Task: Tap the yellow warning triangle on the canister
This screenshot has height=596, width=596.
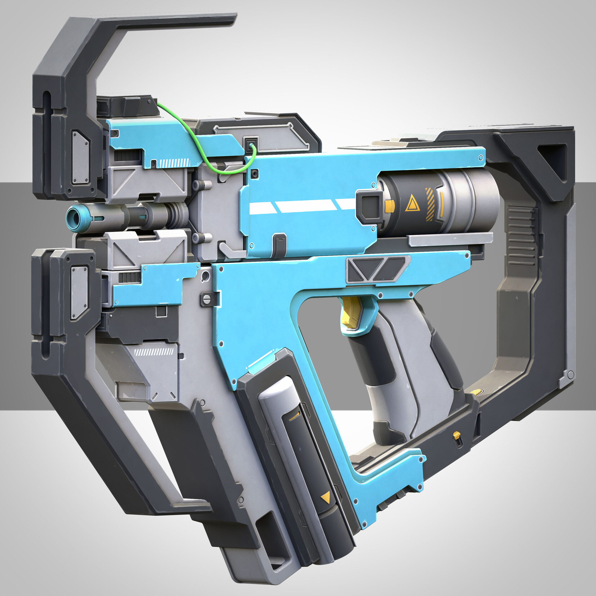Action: (412, 205)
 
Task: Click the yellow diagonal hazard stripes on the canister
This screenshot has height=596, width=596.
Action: (430, 204)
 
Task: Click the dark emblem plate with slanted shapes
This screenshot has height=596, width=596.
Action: (377, 269)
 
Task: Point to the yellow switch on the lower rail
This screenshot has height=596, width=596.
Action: (456, 435)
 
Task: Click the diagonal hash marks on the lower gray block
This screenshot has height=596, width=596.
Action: (154, 352)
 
